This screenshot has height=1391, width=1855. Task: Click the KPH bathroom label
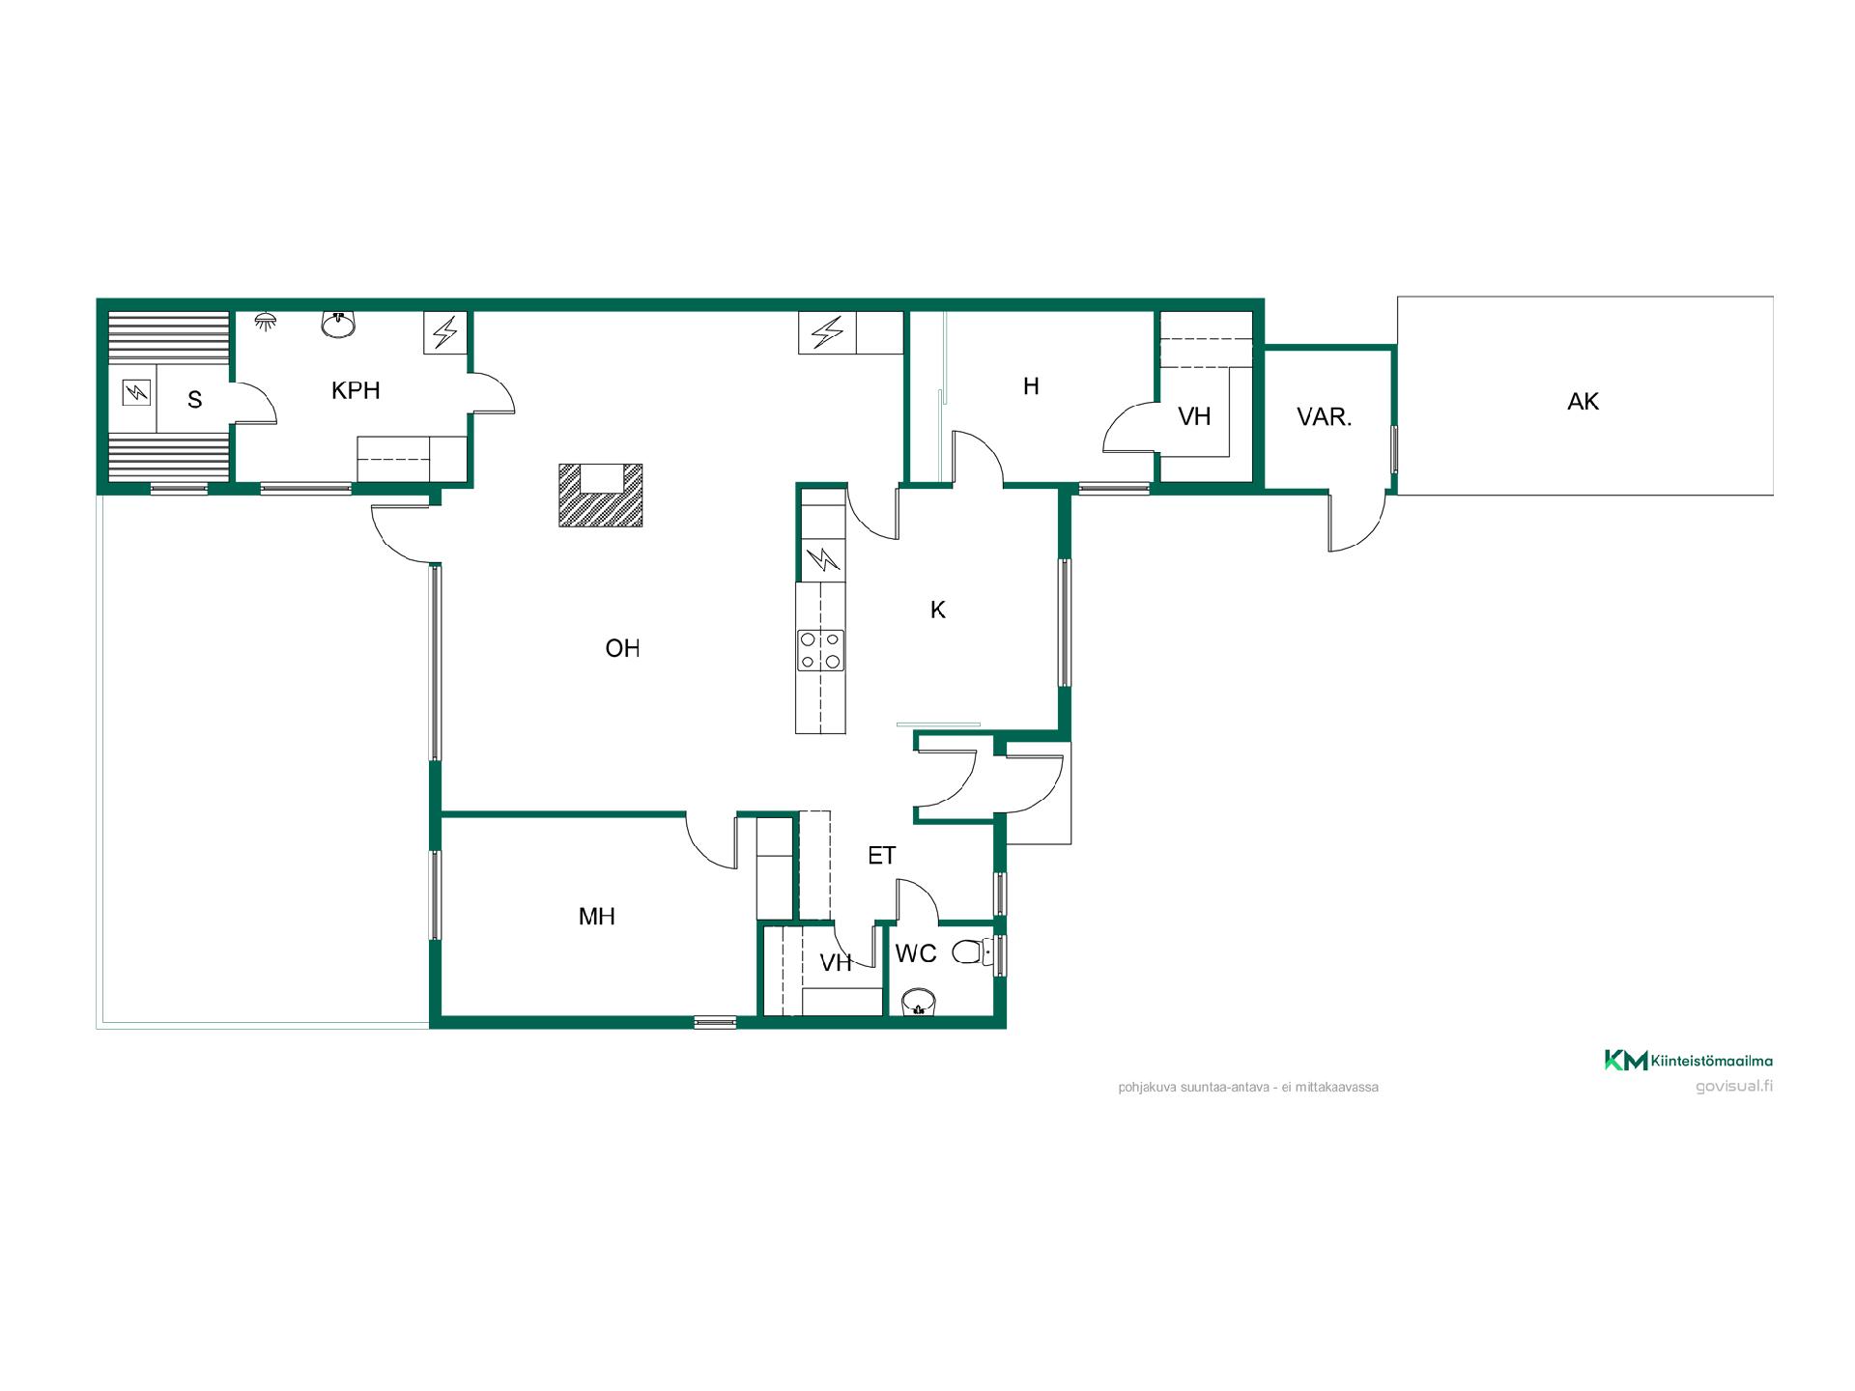(356, 390)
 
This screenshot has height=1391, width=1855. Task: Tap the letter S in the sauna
(195, 400)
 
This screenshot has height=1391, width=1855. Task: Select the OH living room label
(622, 648)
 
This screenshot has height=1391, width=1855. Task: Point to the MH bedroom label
(597, 916)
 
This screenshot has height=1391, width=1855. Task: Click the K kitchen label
(938, 610)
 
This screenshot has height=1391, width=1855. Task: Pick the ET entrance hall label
(881, 855)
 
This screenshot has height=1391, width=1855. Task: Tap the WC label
(916, 953)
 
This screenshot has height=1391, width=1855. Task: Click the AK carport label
(1583, 401)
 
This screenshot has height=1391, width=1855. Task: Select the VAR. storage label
(1324, 416)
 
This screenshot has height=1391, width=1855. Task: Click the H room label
(1031, 386)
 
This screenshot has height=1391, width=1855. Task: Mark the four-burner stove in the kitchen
(820, 650)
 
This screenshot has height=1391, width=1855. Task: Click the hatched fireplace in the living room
(601, 496)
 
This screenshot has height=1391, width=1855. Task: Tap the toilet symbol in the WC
(971, 954)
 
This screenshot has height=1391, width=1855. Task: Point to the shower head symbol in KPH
(265, 320)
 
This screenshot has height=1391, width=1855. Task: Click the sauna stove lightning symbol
(136, 392)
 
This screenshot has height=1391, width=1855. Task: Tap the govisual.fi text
(1734, 1086)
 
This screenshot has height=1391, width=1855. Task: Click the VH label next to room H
(1194, 416)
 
